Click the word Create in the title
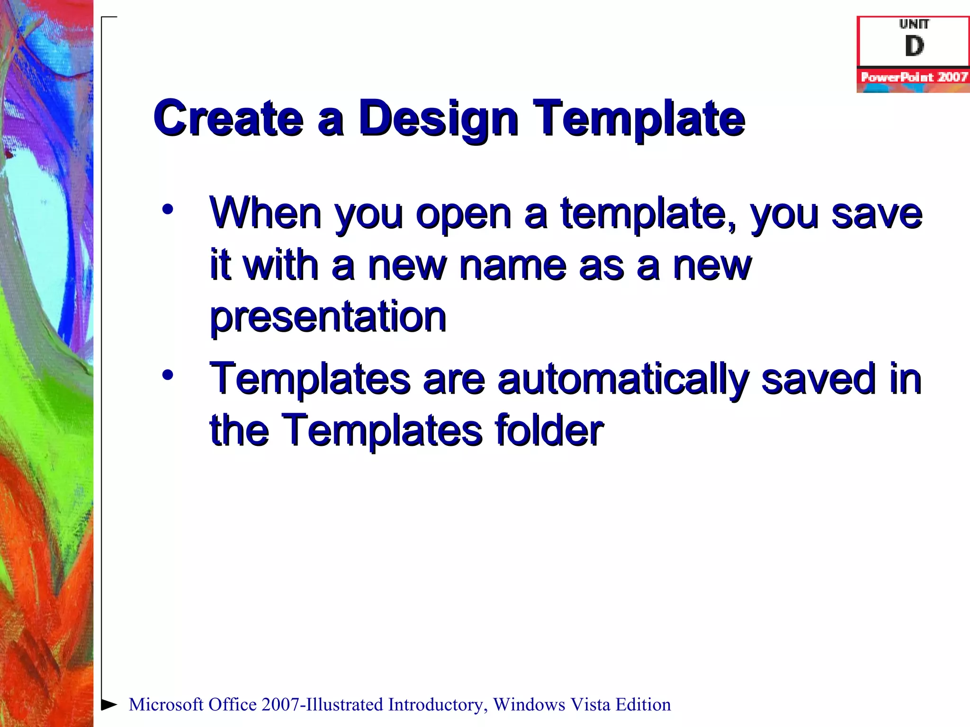click(228, 118)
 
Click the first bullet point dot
click(167, 209)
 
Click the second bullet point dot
click(167, 375)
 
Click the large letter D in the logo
click(914, 46)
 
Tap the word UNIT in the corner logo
click(914, 24)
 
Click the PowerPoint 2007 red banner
click(913, 77)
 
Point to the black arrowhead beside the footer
click(109, 704)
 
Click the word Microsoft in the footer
click(166, 705)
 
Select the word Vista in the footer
click(590, 705)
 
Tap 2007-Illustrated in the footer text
click(322, 705)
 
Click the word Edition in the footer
click(643, 705)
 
